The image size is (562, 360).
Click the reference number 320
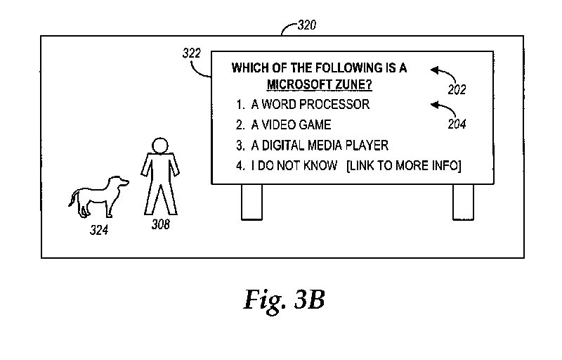pyautogui.click(x=307, y=26)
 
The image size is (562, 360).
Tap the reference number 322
pyautogui.click(x=192, y=53)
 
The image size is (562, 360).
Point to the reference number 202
pyautogui.click(x=457, y=90)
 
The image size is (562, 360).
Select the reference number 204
pyautogui.click(x=457, y=124)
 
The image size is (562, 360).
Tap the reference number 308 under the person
pyautogui.click(x=160, y=225)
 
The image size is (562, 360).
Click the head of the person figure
pyautogui.click(x=160, y=146)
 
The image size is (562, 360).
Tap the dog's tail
pyautogui.click(x=72, y=200)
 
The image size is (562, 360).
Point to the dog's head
pyautogui.click(x=119, y=182)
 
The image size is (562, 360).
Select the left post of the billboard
pyautogui.click(x=251, y=202)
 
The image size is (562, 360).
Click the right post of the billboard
pyautogui.click(x=463, y=202)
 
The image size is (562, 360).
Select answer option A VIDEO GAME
pyautogui.click(x=291, y=125)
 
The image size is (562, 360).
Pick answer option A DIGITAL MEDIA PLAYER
pyautogui.click(x=320, y=146)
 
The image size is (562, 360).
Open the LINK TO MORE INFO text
pyautogui.click(x=403, y=166)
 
